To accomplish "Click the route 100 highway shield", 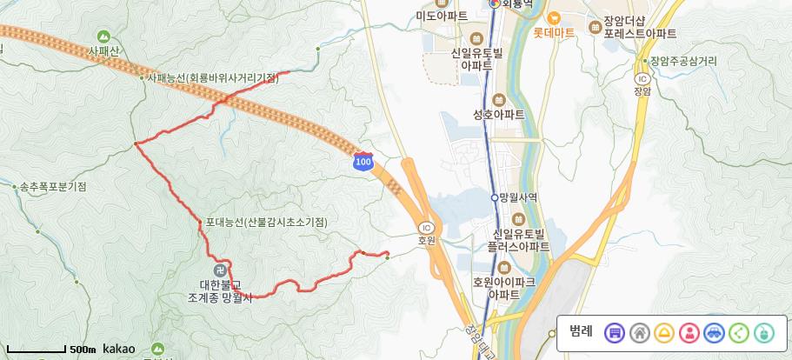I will click(363, 162).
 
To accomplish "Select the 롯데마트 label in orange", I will click(554, 33).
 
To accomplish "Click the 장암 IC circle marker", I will click(642, 77).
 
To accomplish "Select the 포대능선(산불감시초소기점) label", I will click(266, 223).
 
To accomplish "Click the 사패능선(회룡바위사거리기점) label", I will click(212, 77).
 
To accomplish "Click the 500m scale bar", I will click(37, 350).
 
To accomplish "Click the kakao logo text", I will click(118, 349).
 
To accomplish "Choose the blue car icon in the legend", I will click(714, 332).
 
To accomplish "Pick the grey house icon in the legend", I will click(639, 332).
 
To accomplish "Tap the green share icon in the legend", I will click(739, 332).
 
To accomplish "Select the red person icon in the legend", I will click(689, 332).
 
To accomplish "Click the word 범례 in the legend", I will click(581, 331).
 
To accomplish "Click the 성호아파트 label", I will click(498, 114).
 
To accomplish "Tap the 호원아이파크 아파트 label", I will click(503, 289).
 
